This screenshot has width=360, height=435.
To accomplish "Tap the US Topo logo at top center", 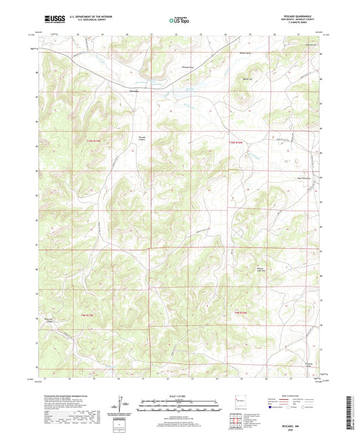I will tap(179, 20).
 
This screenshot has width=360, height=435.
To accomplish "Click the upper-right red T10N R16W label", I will tap(234, 143).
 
